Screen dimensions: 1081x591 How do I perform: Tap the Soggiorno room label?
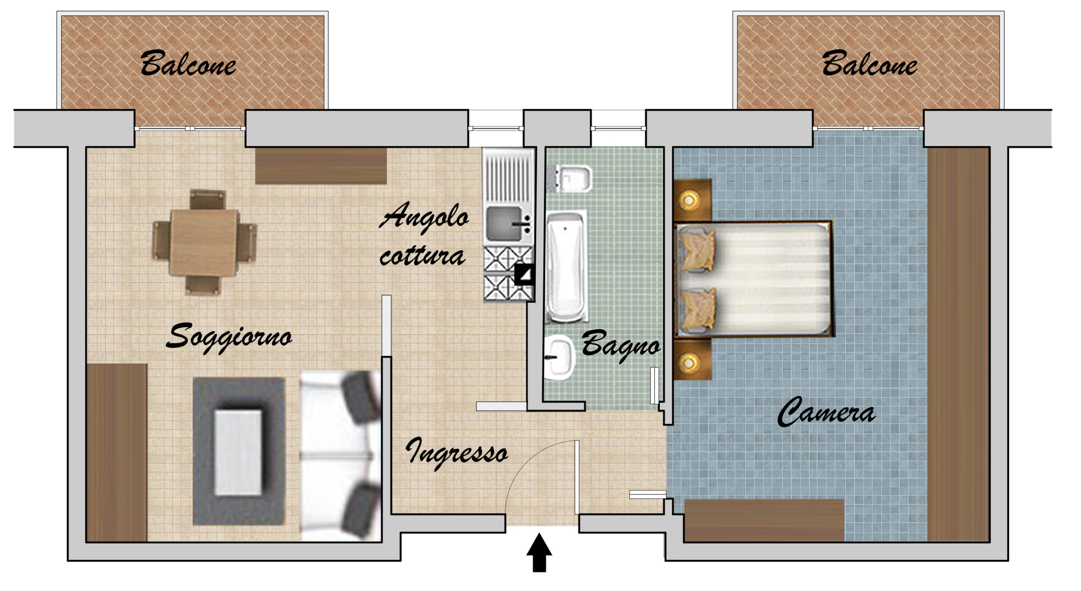tap(229, 338)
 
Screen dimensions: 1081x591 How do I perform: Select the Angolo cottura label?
tap(424, 234)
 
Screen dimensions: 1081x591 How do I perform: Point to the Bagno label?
tap(621, 345)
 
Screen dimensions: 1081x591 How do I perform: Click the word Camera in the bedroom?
tap(826, 411)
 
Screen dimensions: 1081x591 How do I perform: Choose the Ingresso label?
tap(456, 452)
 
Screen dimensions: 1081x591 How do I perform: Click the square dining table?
tap(204, 242)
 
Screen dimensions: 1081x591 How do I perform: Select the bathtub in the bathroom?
tap(566, 267)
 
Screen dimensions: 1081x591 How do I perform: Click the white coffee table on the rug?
tap(238, 452)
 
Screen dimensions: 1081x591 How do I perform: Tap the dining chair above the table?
tap(207, 199)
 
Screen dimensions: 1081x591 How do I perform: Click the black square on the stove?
tap(524, 275)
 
